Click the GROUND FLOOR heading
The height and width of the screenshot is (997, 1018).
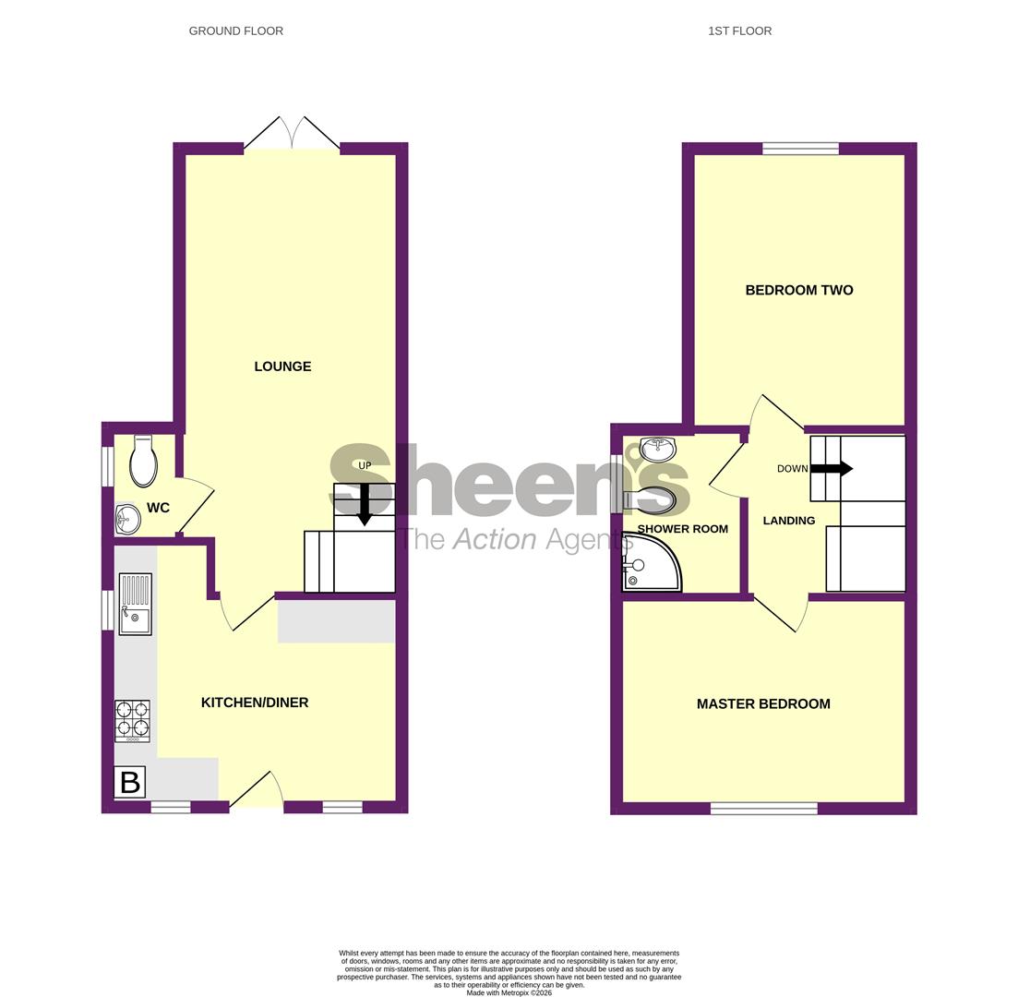pyautogui.click(x=235, y=30)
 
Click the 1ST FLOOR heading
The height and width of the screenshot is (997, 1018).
pyautogui.click(x=739, y=30)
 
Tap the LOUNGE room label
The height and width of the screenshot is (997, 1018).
pyautogui.click(x=282, y=366)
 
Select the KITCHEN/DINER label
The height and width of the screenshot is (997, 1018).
pyautogui.click(x=255, y=703)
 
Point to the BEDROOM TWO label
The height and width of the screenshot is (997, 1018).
pyautogui.click(x=798, y=290)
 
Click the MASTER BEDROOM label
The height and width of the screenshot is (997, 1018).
pyautogui.click(x=763, y=703)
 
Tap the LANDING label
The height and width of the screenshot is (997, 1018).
pyautogui.click(x=788, y=521)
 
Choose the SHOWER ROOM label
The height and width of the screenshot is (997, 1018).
pyautogui.click(x=682, y=529)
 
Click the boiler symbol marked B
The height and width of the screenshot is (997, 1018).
pyautogui.click(x=130, y=782)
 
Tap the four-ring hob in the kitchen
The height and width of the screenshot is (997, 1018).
pyautogui.click(x=132, y=720)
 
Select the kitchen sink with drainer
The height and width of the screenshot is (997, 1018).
pyautogui.click(x=135, y=604)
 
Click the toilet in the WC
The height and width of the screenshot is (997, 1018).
pyautogui.click(x=143, y=461)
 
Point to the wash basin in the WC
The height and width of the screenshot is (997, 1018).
pyautogui.click(x=127, y=520)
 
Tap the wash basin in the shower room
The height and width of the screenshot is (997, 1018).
pyautogui.click(x=657, y=449)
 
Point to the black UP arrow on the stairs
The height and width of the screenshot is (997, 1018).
pyautogui.click(x=365, y=504)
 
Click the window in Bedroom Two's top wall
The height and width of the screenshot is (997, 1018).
pyautogui.click(x=800, y=148)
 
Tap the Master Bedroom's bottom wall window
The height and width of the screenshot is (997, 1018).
pyautogui.click(x=763, y=809)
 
